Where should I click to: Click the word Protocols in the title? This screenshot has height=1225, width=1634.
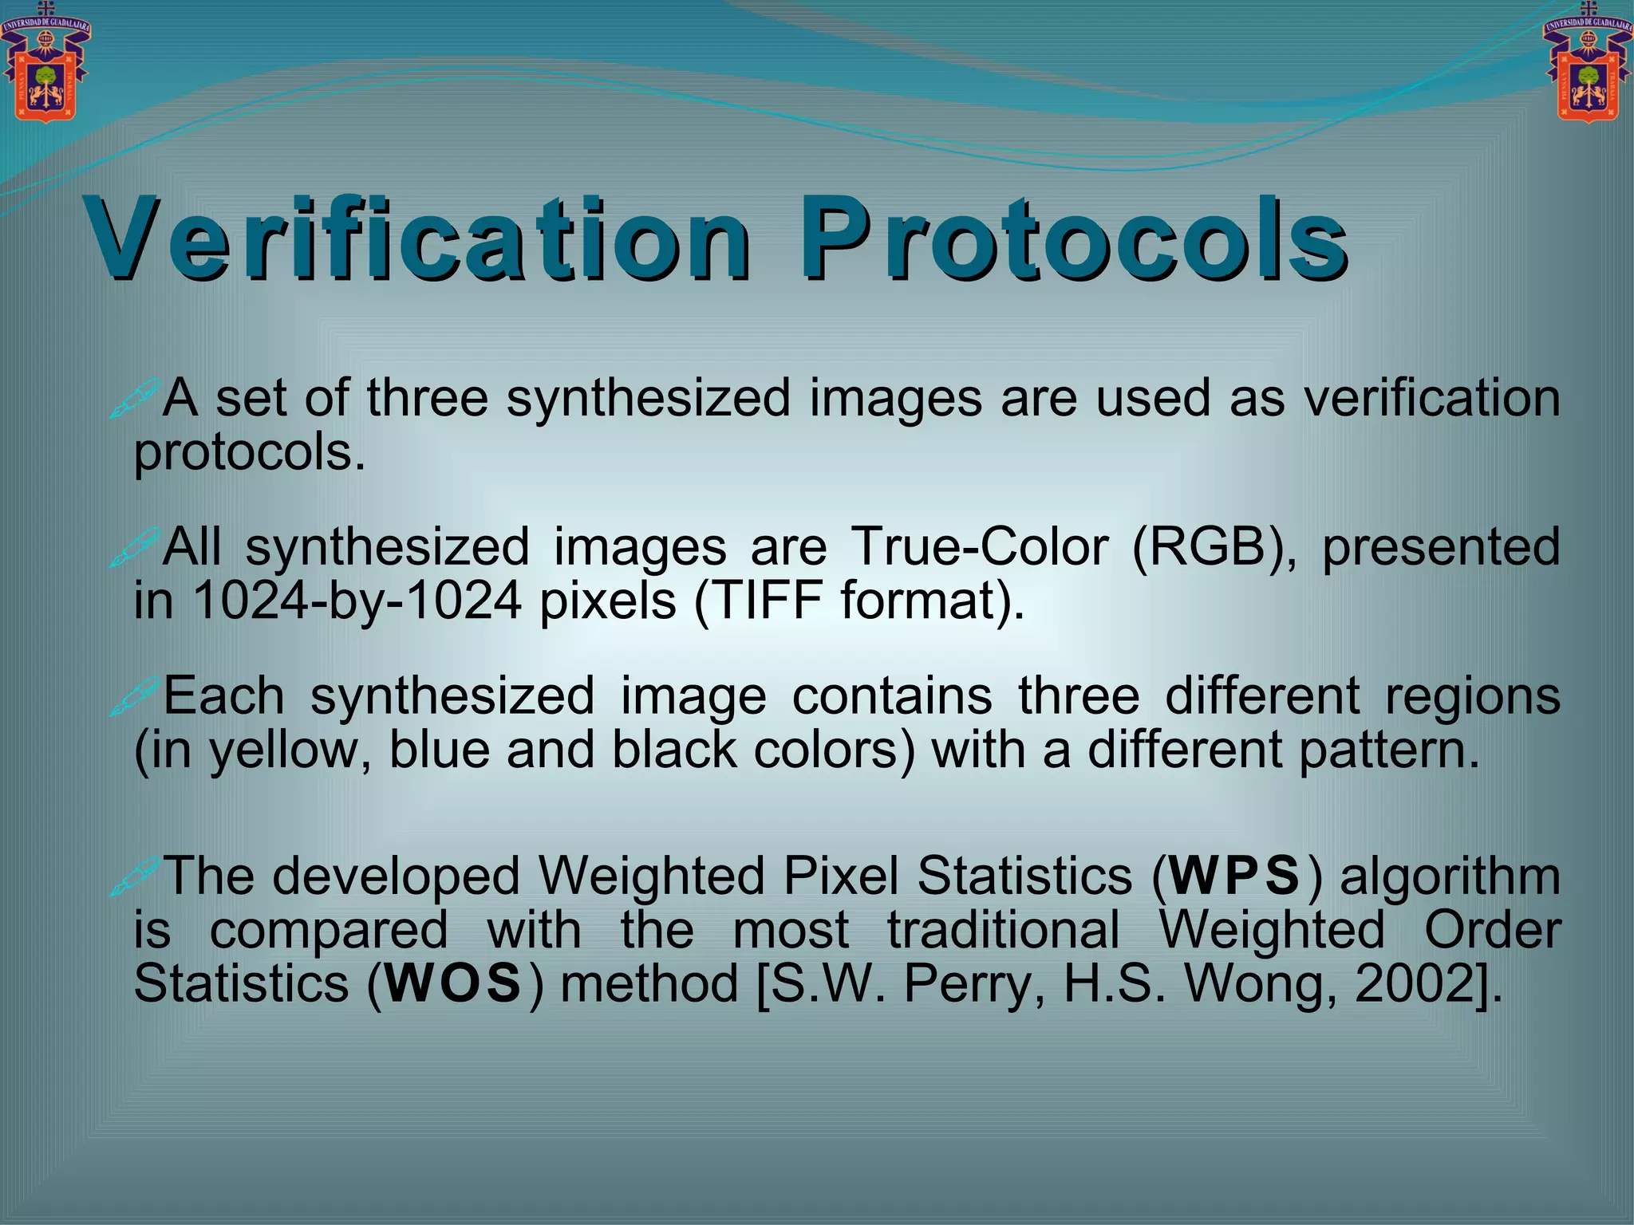(x=1073, y=239)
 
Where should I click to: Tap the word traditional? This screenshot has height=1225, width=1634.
(x=1004, y=930)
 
